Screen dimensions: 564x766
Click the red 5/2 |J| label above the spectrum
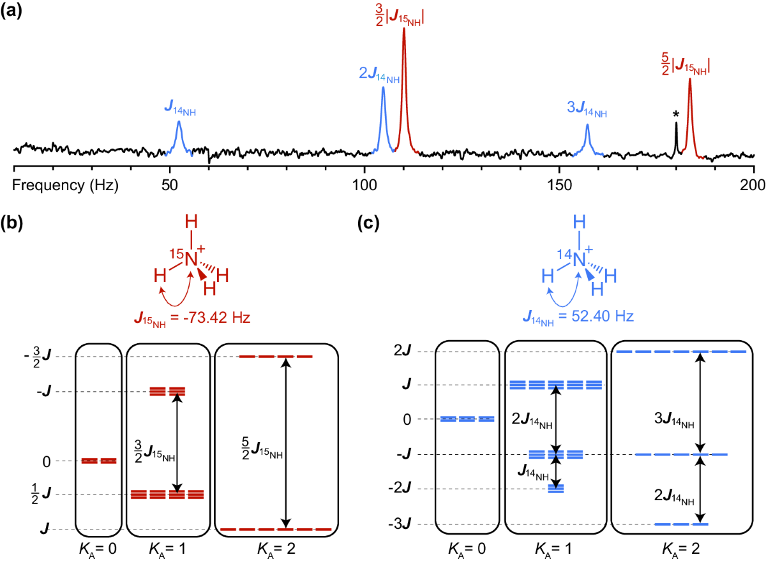[x=686, y=64]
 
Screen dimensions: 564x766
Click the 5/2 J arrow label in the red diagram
[x=255, y=454]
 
